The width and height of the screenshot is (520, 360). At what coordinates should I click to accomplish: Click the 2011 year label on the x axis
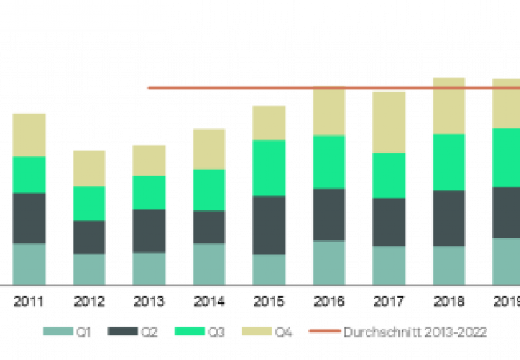click(x=30, y=303)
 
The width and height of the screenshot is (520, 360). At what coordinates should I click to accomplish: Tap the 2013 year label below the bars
click(x=150, y=303)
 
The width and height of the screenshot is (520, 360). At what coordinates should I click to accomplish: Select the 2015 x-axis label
click(x=270, y=303)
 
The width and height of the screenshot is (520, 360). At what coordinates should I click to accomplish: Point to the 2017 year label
click(x=390, y=303)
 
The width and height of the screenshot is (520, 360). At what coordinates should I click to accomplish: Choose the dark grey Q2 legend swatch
click(x=123, y=330)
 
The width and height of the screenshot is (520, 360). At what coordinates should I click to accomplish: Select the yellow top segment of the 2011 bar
click(x=30, y=134)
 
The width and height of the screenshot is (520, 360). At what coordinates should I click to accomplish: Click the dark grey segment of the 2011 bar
click(x=30, y=218)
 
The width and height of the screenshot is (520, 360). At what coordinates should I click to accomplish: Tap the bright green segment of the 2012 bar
click(x=90, y=203)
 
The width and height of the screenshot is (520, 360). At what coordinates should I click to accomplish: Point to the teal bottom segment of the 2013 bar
click(x=150, y=268)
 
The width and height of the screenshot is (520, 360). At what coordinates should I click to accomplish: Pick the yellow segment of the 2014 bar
click(x=210, y=148)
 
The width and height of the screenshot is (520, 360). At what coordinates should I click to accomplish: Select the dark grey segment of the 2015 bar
click(x=270, y=225)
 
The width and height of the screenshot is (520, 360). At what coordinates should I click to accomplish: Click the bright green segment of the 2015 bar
click(x=270, y=168)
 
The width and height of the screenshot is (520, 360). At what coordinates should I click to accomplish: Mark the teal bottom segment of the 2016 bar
click(x=330, y=262)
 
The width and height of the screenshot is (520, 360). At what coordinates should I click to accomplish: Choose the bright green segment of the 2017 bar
click(x=390, y=175)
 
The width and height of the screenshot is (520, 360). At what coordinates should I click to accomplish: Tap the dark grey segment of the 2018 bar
click(x=450, y=218)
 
